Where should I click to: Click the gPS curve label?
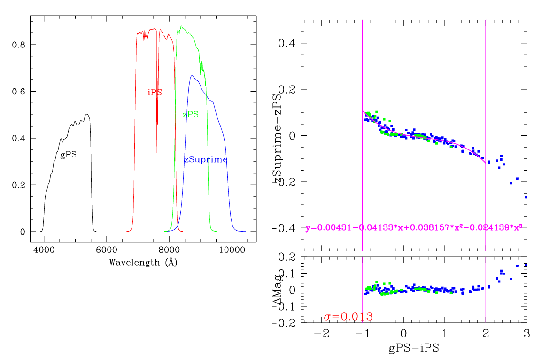coord(69,154)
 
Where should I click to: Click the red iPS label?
coord(155,93)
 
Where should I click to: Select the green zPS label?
coord(190,114)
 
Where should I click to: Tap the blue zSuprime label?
coord(206,160)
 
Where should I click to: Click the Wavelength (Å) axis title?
coord(143,262)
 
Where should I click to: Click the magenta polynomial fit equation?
coord(414,228)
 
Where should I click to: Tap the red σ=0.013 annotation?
coord(348,317)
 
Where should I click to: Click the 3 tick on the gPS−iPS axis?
coord(527,334)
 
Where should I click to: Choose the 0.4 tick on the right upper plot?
coord(286,43)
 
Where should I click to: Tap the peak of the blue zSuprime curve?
coord(192,76)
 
